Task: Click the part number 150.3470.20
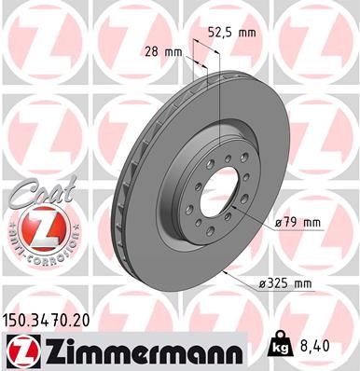pos(52,318)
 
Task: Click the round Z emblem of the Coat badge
pos(33,227)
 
